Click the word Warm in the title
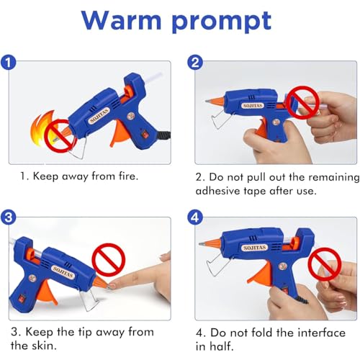121,20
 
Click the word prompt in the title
222,22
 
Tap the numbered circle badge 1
8,63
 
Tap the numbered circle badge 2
195,63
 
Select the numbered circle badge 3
8,217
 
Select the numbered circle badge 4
195,217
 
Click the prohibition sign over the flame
60,136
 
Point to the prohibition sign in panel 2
303,102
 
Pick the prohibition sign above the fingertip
109,260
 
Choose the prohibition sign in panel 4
325,264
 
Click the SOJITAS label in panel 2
253,106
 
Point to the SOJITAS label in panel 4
255,248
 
